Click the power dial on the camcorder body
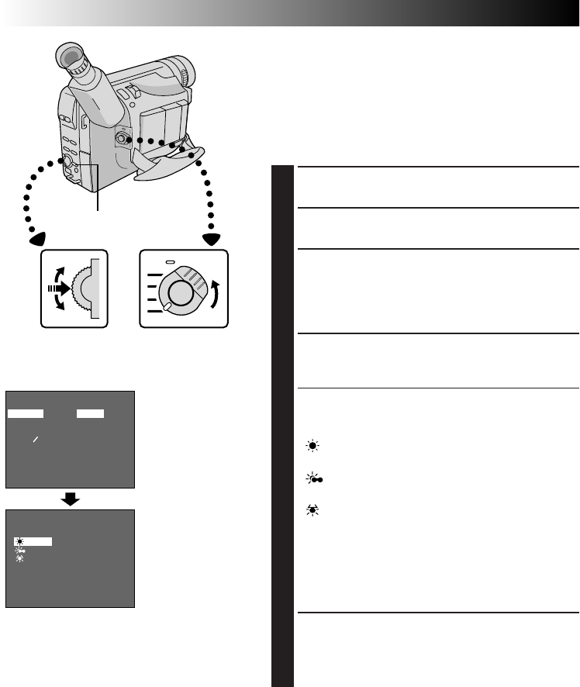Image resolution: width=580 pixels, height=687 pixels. [x=122, y=139]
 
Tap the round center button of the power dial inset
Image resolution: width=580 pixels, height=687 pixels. [x=180, y=292]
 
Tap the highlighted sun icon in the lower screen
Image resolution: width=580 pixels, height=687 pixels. [x=19, y=541]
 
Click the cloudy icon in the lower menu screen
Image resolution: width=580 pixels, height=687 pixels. [x=20, y=550]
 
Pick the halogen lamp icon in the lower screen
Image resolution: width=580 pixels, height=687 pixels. [x=19, y=558]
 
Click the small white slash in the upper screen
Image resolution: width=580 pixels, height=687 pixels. [x=35, y=440]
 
